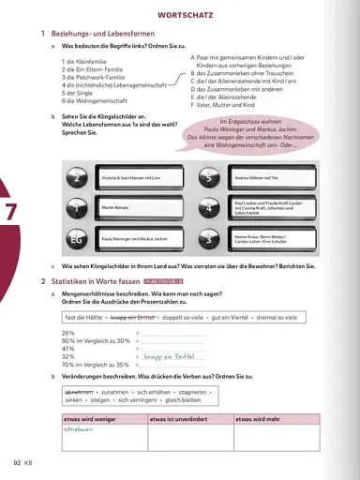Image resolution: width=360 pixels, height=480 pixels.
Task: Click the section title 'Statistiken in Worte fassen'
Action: [x=89, y=281]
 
